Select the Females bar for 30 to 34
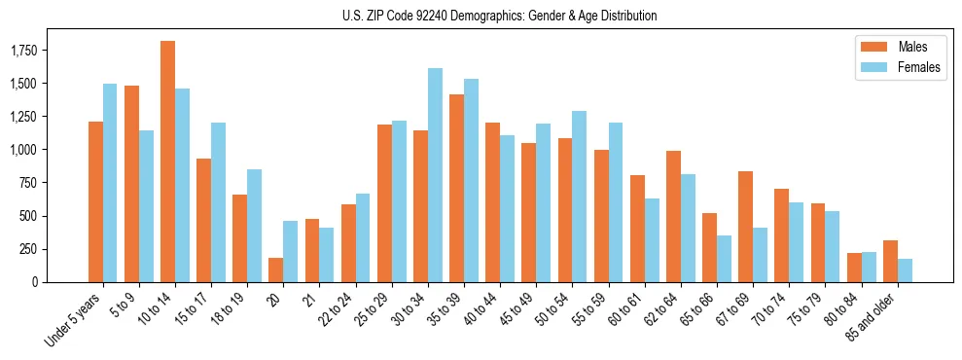tap(435, 175)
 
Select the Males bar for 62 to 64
tap(673, 216)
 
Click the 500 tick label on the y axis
tap(55, 216)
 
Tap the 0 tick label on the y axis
tap(61, 282)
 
